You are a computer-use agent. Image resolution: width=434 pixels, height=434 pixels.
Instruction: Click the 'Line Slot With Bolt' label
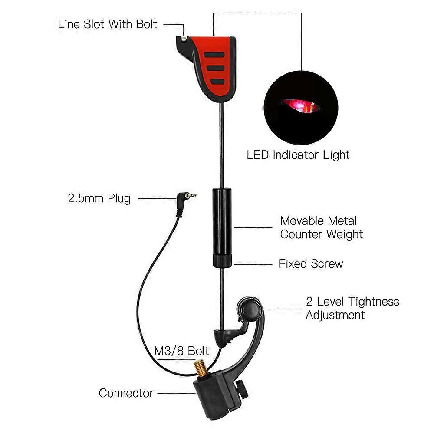pos(107,24)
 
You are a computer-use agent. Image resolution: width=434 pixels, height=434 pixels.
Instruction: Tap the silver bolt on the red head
pos(184,39)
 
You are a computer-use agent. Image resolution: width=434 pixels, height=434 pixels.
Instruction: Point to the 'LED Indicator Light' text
pos(298,155)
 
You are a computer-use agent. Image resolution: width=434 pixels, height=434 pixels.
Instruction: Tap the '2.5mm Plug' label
pos(99,199)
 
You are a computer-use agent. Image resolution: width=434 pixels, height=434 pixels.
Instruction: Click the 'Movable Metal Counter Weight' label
pos(321,227)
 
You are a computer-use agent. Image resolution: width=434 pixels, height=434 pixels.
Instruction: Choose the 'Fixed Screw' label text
pos(311,263)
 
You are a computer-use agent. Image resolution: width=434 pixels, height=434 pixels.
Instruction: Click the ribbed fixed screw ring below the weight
pos(222,261)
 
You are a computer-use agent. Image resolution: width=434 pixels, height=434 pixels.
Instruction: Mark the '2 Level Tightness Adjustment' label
pos(352,308)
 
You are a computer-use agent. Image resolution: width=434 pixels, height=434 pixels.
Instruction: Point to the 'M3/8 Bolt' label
pos(182,351)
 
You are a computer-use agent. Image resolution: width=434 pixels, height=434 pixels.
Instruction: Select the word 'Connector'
pos(126,393)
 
